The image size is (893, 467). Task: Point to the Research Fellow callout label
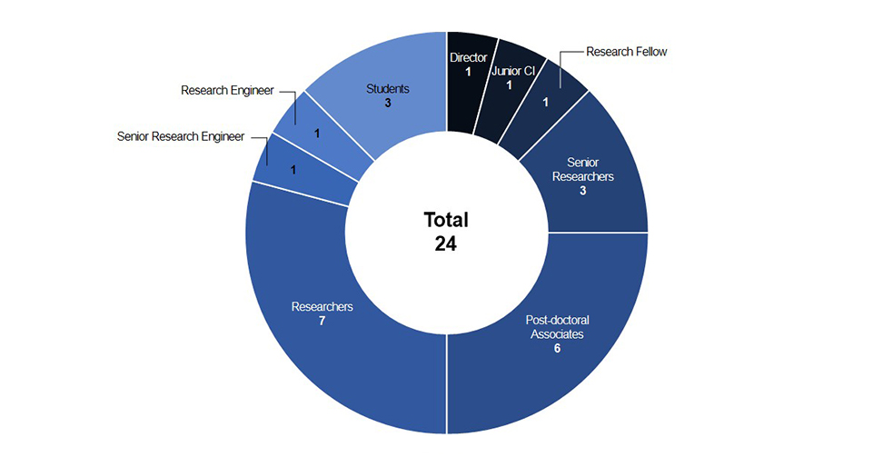pyautogui.click(x=626, y=52)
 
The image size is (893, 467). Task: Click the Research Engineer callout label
pyautogui.click(x=227, y=91)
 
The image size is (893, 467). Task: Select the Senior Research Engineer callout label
pyautogui.click(x=181, y=137)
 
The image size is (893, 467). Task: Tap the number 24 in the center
pyautogui.click(x=445, y=243)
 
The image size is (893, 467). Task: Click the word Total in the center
pyautogui.click(x=446, y=220)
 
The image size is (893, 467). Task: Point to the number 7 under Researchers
pyautogui.click(x=322, y=322)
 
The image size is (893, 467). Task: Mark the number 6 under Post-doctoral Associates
pyautogui.click(x=557, y=348)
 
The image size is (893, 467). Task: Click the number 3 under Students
pyautogui.click(x=387, y=104)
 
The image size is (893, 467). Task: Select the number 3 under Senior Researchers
pyautogui.click(x=582, y=191)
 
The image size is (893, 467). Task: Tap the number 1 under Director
pyautogui.click(x=468, y=72)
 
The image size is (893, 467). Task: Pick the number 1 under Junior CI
pyautogui.click(x=510, y=85)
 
